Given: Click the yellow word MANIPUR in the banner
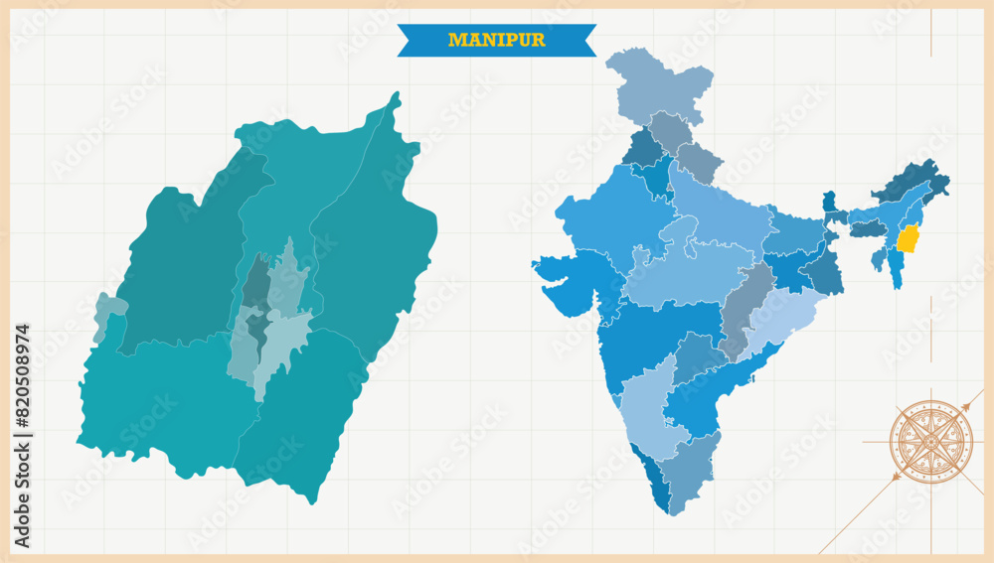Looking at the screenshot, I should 496,41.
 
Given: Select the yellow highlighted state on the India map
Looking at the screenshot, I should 908,239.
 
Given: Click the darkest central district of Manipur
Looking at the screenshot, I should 257,288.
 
